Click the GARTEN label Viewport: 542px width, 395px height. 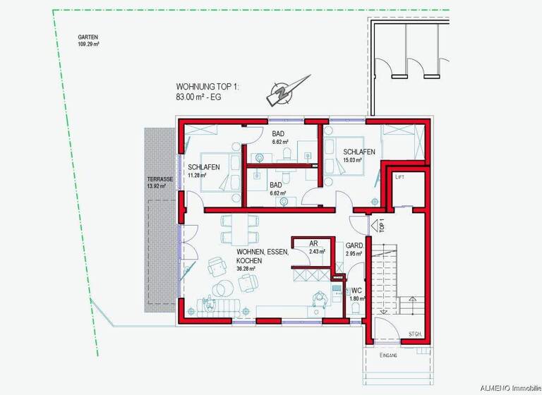point(88,37)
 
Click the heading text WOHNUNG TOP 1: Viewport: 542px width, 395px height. point(208,87)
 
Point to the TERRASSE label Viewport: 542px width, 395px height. point(159,180)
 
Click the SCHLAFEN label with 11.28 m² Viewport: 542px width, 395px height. point(203,167)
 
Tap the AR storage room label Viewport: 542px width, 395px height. point(313,243)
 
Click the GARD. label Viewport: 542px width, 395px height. point(354,246)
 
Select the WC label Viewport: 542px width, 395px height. point(356,290)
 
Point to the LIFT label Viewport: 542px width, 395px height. point(400,176)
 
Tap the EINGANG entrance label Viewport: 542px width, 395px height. point(388,355)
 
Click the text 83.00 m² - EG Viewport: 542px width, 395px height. point(198,97)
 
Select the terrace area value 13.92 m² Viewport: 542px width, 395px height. point(159,187)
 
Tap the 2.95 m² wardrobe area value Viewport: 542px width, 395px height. point(354,253)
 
